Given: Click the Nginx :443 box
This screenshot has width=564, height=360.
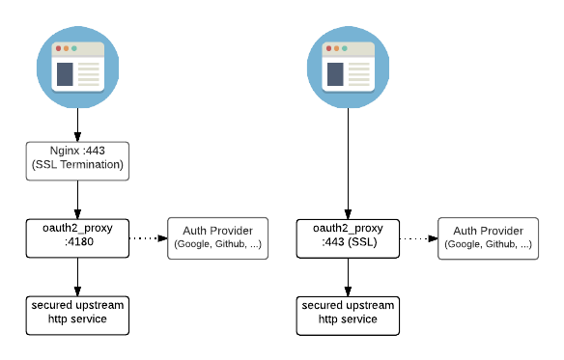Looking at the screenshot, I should (77, 160).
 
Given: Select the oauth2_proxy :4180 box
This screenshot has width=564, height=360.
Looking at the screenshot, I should (77, 237).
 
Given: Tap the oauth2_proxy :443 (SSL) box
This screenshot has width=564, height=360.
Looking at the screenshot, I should (348, 237).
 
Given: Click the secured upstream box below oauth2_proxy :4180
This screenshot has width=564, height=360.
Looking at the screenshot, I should (77, 315).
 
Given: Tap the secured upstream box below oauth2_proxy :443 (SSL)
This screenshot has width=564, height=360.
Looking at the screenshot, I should (348, 315).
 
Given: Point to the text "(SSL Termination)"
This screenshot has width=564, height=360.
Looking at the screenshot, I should (77, 166).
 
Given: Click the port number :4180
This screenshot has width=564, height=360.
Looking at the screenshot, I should (77, 244).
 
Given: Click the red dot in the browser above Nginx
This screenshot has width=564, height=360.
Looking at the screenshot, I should (59, 48).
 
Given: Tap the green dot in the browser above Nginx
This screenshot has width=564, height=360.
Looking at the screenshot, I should (73, 48).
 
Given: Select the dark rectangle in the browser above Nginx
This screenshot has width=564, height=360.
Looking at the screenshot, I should (65, 74).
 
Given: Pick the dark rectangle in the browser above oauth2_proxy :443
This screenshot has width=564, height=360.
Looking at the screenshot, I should (334, 74).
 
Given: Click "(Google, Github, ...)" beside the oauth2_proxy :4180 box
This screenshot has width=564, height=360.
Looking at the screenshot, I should (217, 245).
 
